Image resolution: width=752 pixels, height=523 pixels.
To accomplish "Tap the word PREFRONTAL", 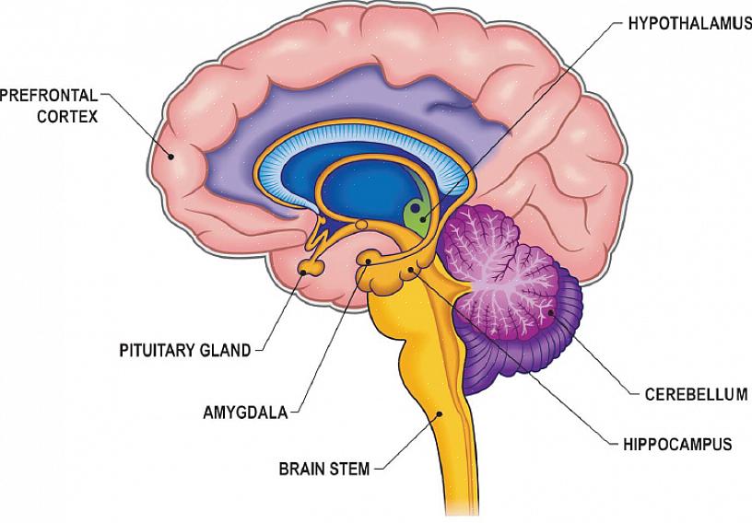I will pyautogui.click(x=49, y=95).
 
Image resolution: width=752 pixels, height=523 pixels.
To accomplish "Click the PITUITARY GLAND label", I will pyautogui.click(x=184, y=350).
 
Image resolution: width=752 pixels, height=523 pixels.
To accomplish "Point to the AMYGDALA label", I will pyautogui.click(x=245, y=412).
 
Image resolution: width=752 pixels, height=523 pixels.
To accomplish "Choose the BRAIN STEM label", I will pyautogui.click(x=323, y=469).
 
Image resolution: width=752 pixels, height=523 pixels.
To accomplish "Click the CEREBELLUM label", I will pyautogui.click(x=695, y=395).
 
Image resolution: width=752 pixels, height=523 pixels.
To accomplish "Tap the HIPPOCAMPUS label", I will pyautogui.click(x=680, y=445).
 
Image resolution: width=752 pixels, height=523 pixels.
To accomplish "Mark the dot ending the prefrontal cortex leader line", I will pyautogui.click(x=170, y=157).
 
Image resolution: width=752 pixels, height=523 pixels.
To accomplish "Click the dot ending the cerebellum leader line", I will pyautogui.click(x=550, y=312).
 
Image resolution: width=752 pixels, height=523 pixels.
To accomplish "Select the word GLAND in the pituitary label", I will pyautogui.click(x=226, y=350).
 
